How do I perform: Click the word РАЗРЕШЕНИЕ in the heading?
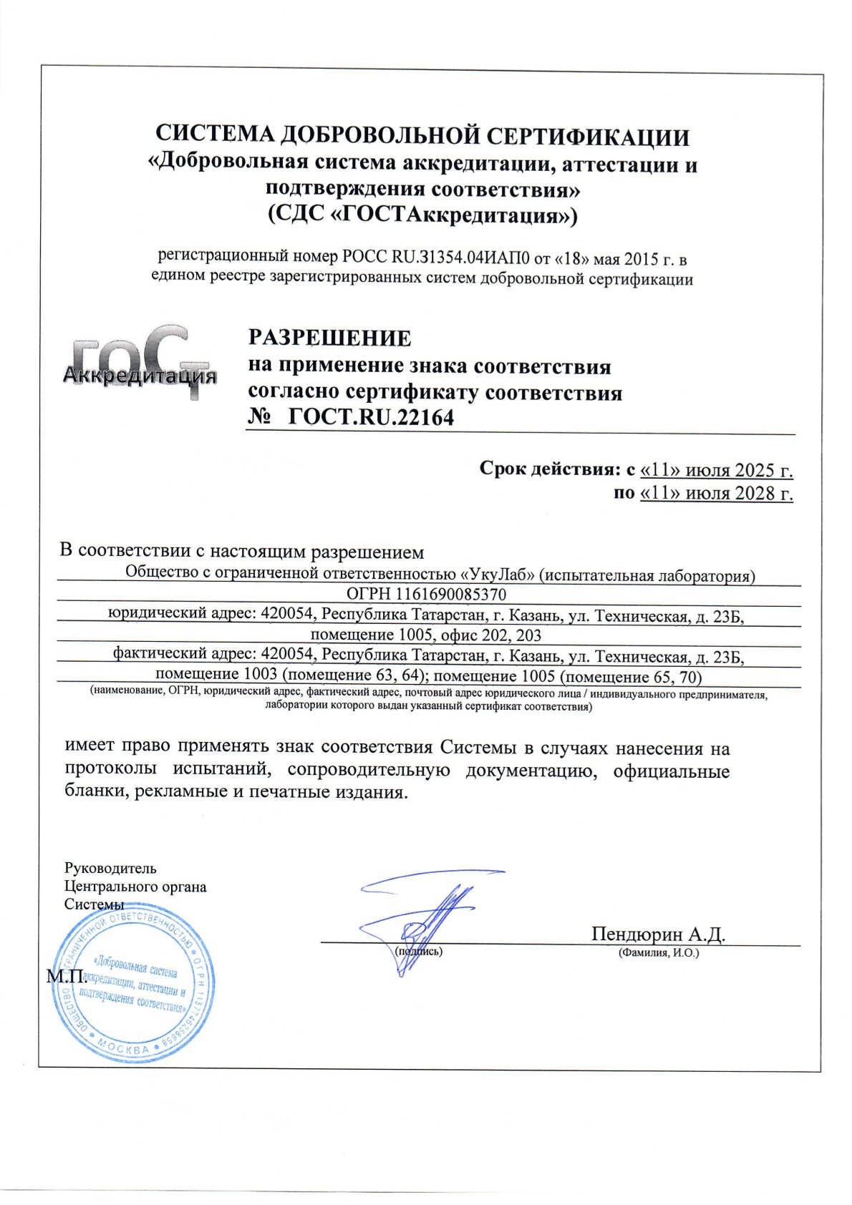click(329, 338)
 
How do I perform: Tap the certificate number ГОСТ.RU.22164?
click(371, 417)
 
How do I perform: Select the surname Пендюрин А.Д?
click(658, 934)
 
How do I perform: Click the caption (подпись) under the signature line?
click(419, 952)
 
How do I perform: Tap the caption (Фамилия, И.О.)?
click(658, 953)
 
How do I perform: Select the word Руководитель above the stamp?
click(110, 869)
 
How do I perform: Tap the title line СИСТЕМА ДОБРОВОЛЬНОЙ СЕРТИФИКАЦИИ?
click(422, 136)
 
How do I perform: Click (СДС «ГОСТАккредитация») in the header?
click(422, 215)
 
